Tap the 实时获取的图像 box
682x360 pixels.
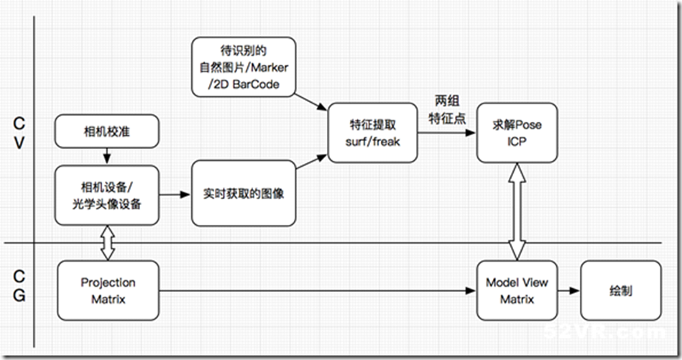pyautogui.click(x=244, y=194)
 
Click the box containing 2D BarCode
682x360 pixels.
pyautogui.click(x=244, y=67)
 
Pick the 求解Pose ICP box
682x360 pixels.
pyautogui.click(x=517, y=132)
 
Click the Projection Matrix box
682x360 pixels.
pyautogui.click(x=108, y=290)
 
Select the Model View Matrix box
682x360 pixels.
pyautogui.click(x=517, y=290)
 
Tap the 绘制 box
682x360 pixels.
pyautogui.click(x=619, y=290)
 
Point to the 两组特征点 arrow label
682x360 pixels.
pyautogui.click(x=446, y=109)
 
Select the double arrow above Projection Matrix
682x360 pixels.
pyautogui.click(x=107, y=244)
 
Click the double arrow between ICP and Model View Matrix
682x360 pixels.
pyautogui.click(x=517, y=211)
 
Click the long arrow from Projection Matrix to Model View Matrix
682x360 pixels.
pyautogui.click(x=316, y=291)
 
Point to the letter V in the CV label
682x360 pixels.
pyautogui.click(x=19, y=143)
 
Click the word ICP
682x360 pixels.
pyautogui.click(x=517, y=141)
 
